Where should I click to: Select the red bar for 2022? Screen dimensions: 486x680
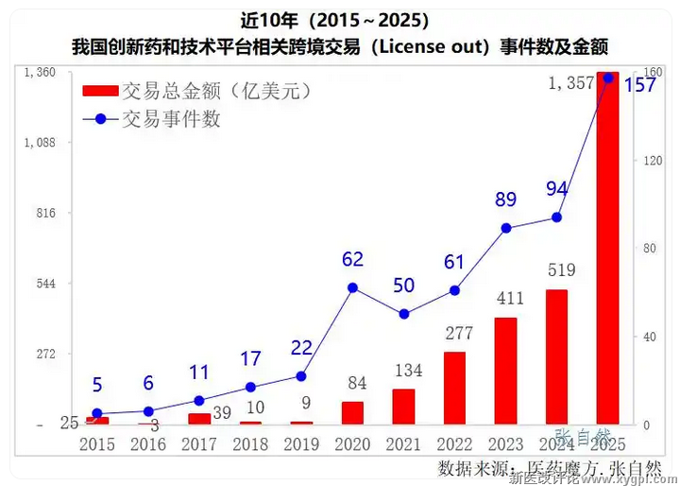[x=454, y=388]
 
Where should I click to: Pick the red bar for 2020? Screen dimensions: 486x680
[x=352, y=412]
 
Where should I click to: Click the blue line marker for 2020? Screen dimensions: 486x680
[x=352, y=287]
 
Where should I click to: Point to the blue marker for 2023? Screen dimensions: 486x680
[x=505, y=228]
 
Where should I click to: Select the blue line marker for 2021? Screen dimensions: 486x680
[x=403, y=314]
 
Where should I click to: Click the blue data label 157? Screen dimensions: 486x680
[x=639, y=86]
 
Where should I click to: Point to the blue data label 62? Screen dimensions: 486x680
[x=352, y=259]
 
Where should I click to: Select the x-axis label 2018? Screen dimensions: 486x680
[x=250, y=443]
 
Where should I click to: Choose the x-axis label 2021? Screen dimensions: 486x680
[x=403, y=443]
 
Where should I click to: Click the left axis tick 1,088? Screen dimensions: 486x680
[x=39, y=143]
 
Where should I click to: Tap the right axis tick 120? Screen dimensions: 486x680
[x=652, y=161]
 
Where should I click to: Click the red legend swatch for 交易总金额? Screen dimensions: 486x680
[x=100, y=92]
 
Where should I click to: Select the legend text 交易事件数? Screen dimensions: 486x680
[x=171, y=119]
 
